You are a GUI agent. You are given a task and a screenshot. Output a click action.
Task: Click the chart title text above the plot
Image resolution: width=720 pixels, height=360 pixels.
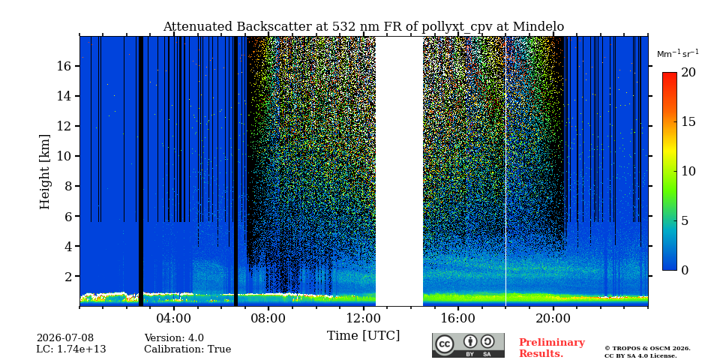363,27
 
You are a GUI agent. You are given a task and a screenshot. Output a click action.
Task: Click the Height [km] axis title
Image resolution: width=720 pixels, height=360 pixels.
44,172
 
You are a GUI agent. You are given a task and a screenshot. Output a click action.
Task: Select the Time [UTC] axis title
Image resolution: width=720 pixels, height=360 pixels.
363,336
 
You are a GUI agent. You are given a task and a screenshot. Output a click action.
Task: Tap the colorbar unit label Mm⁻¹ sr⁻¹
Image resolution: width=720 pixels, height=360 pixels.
678,54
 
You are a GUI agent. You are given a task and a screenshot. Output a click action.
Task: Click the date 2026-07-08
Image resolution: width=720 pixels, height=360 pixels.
64,338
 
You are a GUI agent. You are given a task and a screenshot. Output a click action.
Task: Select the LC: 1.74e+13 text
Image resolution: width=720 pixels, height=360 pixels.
71,349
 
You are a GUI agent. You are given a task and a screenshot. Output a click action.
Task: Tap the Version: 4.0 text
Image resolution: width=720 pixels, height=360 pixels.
174,338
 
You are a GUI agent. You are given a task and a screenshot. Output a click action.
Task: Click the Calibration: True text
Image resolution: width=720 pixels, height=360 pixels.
187,349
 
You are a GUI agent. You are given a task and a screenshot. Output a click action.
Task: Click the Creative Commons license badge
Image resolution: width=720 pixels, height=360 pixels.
468,345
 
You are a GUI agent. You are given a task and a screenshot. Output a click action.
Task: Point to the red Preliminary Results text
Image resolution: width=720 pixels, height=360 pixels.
552,348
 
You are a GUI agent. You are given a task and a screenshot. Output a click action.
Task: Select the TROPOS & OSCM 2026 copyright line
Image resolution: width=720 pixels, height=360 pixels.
647,349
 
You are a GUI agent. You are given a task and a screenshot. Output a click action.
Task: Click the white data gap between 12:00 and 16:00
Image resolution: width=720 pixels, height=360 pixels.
400,171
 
